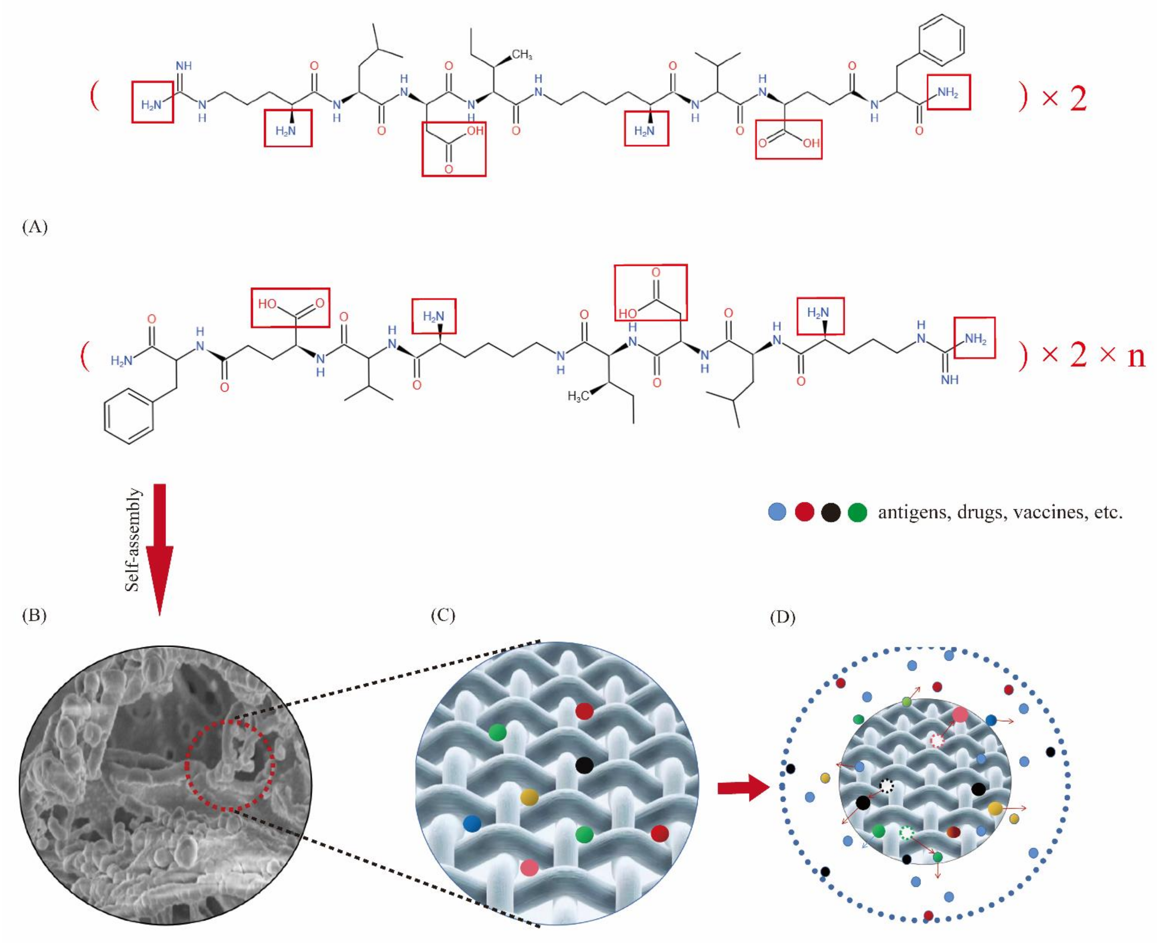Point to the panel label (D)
click(782, 617)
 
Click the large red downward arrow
click(160, 549)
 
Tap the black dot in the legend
click(831, 512)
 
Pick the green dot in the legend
click(857, 512)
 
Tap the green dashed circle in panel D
click(906, 832)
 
